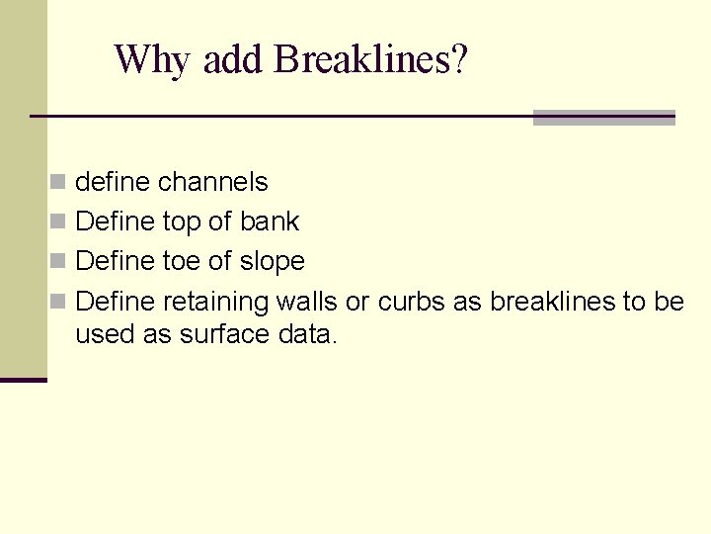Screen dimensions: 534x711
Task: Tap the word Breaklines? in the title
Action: pyautogui.click(x=371, y=60)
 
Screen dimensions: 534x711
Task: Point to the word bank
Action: pyautogui.click(x=270, y=222)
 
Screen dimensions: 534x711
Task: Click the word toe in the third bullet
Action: pyautogui.click(x=185, y=261)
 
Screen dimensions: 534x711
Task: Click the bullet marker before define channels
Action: pyautogui.click(x=59, y=183)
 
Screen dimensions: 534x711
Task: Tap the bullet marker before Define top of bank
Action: pyautogui.click(x=59, y=222)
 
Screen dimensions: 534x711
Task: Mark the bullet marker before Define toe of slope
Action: pyautogui.click(x=59, y=262)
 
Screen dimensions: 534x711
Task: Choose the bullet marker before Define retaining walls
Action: pyautogui.click(x=59, y=302)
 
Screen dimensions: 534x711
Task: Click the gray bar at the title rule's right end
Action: pyautogui.click(x=603, y=118)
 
